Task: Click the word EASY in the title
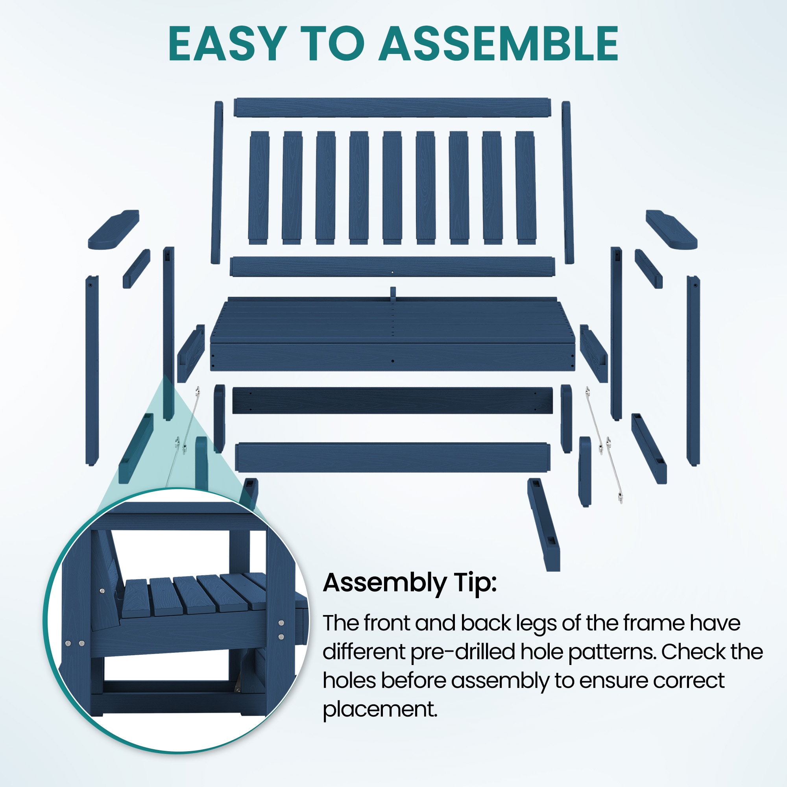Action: click(226, 44)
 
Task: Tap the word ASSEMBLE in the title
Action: click(499, 44)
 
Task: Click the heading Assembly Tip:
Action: click(410, 583)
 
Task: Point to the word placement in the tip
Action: click(380, 709)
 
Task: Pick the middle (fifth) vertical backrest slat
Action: click(392, 188)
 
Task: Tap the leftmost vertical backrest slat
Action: click(259, 188)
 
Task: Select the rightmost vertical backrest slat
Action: click(525, 188)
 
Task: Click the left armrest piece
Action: click(113, 229)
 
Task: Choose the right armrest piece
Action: click(671, 229)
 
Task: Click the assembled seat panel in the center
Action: click(393, 334)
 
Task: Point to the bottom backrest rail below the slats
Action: click(392, 267)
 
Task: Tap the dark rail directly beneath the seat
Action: click(392, 401)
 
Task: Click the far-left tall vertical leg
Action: click(92, 371)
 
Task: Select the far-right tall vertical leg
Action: click(693, 371)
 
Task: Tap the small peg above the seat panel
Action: click(393, 294)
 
